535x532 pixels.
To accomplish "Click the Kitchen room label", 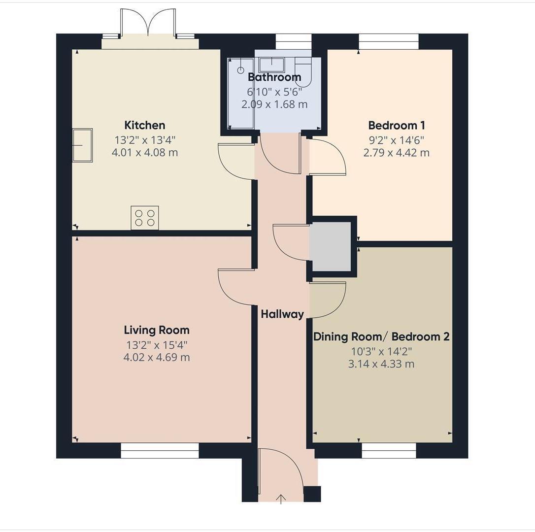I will tap(144, 125).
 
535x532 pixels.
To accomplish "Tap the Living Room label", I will tap(156, 330).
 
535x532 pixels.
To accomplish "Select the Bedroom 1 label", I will tap(396, 125).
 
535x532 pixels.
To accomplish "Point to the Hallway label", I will tap(282, 314).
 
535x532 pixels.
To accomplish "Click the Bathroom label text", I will tap(274, 77).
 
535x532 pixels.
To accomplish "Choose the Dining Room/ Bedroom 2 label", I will tap(381, 337).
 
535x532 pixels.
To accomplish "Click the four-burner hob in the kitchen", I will tap(145, 218).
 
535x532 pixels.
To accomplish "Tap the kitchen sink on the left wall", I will tap(82, 145).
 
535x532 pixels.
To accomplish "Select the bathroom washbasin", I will tap(271, 65).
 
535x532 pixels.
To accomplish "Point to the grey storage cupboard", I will tap(332, 246).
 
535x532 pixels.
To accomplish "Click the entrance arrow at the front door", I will tap(281, 499).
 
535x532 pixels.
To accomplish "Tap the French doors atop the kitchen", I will tap(148, 25).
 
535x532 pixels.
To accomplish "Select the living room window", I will tap(160, 450).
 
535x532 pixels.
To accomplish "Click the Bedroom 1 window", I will tap(389, 41).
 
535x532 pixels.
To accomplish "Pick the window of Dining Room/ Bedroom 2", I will tap(389, 450).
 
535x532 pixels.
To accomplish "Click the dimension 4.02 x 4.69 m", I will tap(156, 357).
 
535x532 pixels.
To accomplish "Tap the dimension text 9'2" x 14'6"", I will tap(396, 140).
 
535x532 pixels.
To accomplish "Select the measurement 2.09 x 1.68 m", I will tap(274, 104).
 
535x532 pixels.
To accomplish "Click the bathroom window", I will tap(293, 41).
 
